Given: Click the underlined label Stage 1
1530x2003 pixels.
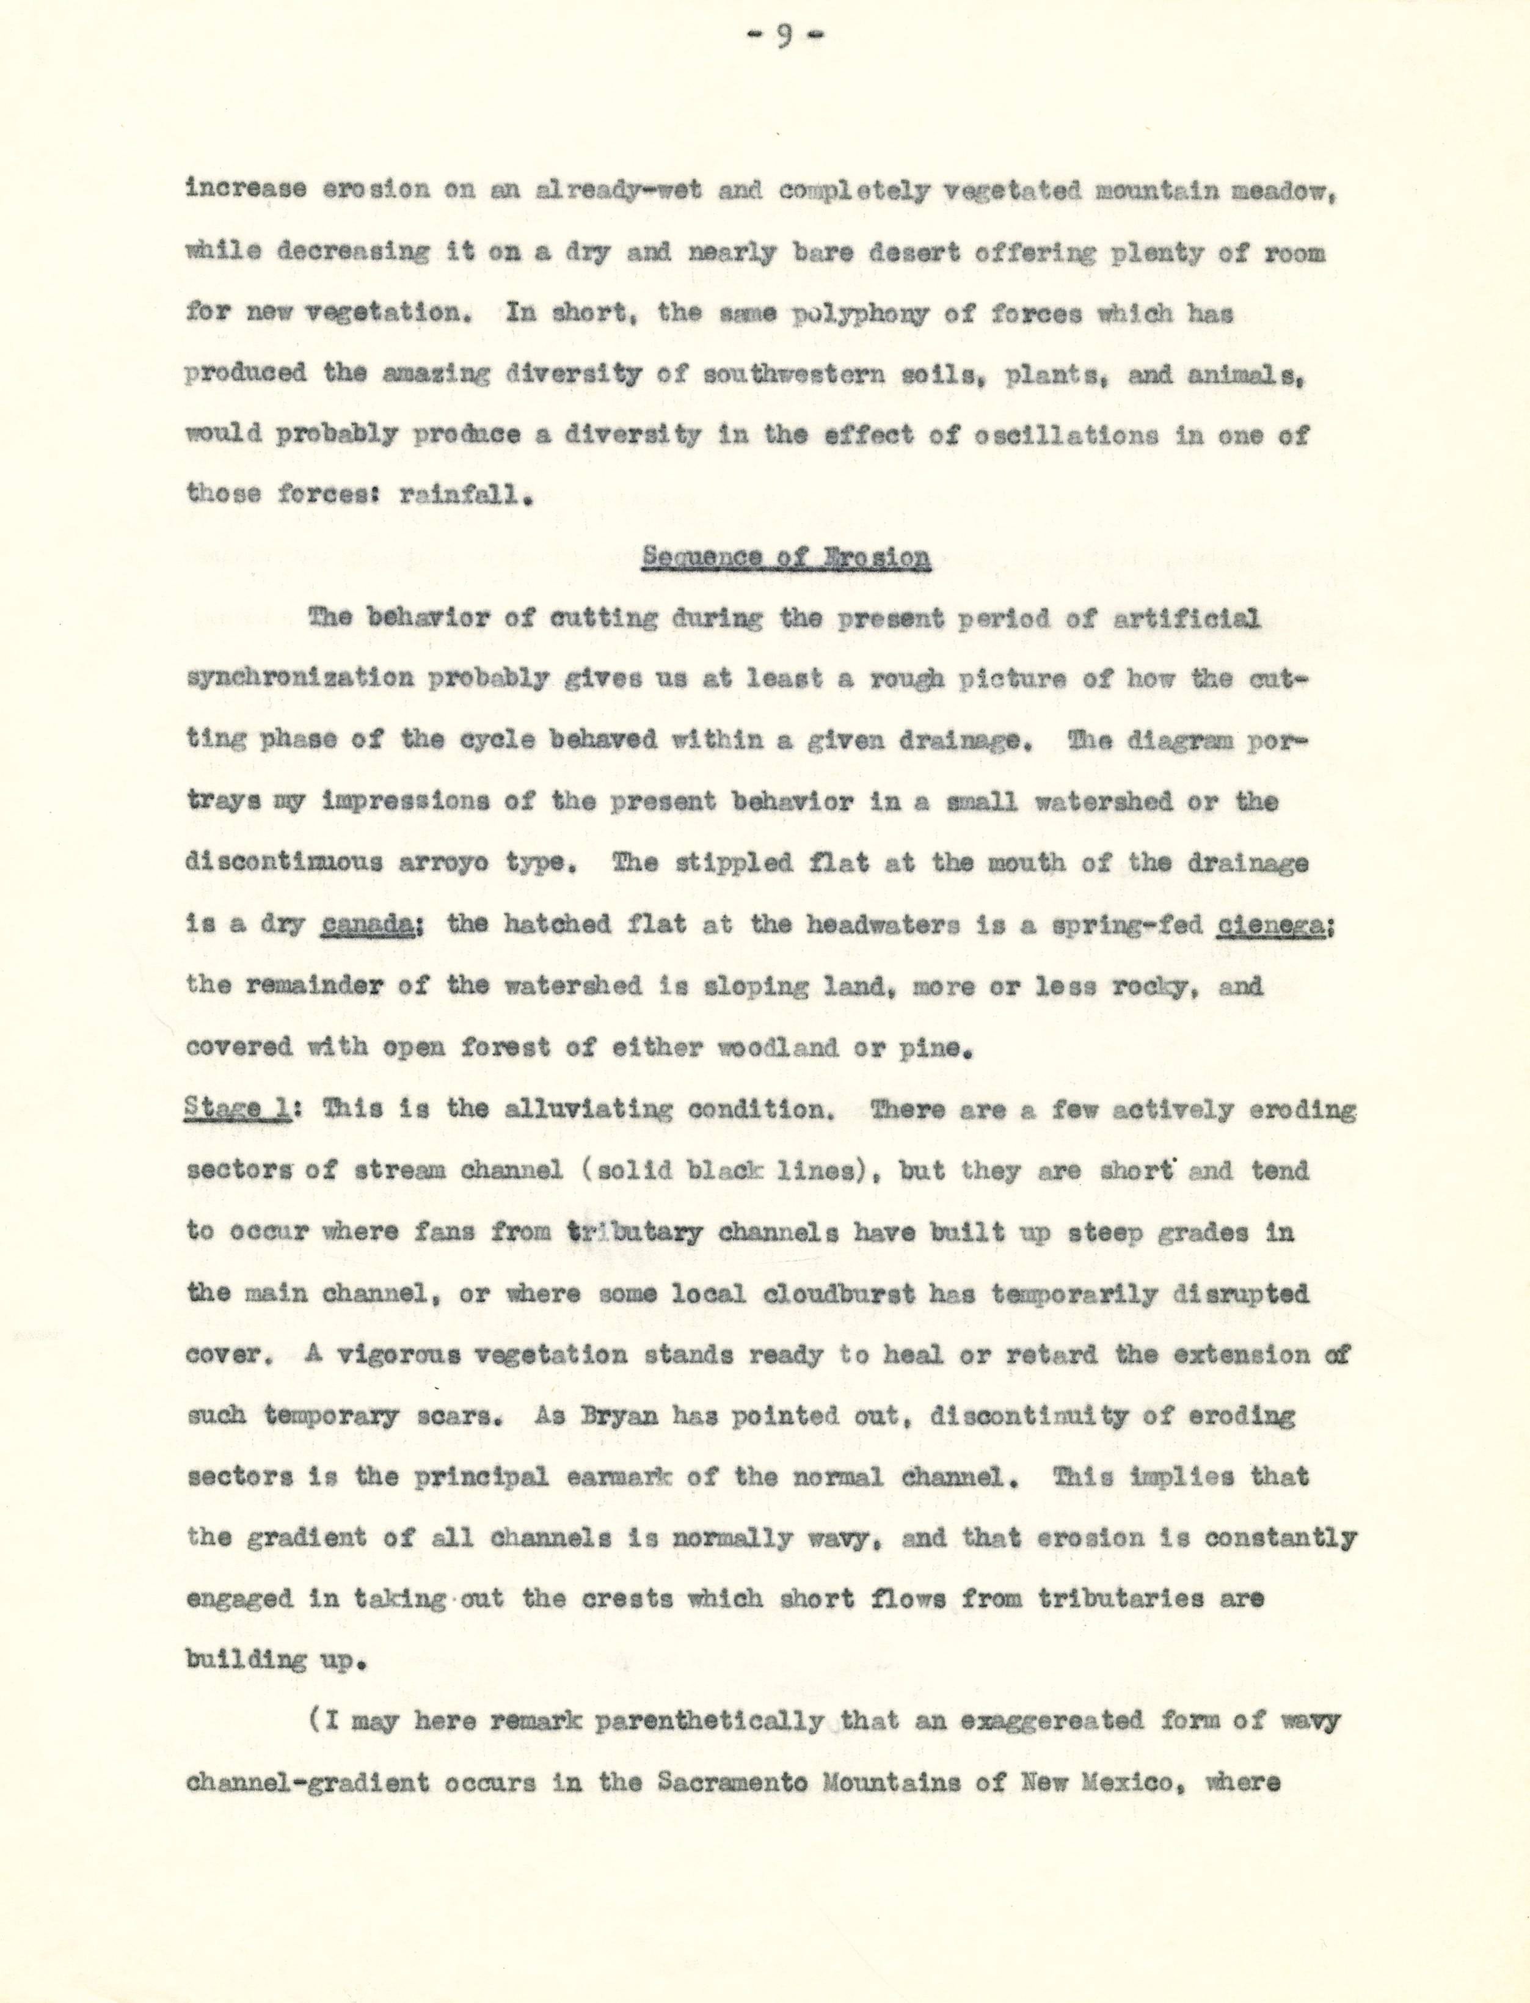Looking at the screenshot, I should (x=237, y=1109).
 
